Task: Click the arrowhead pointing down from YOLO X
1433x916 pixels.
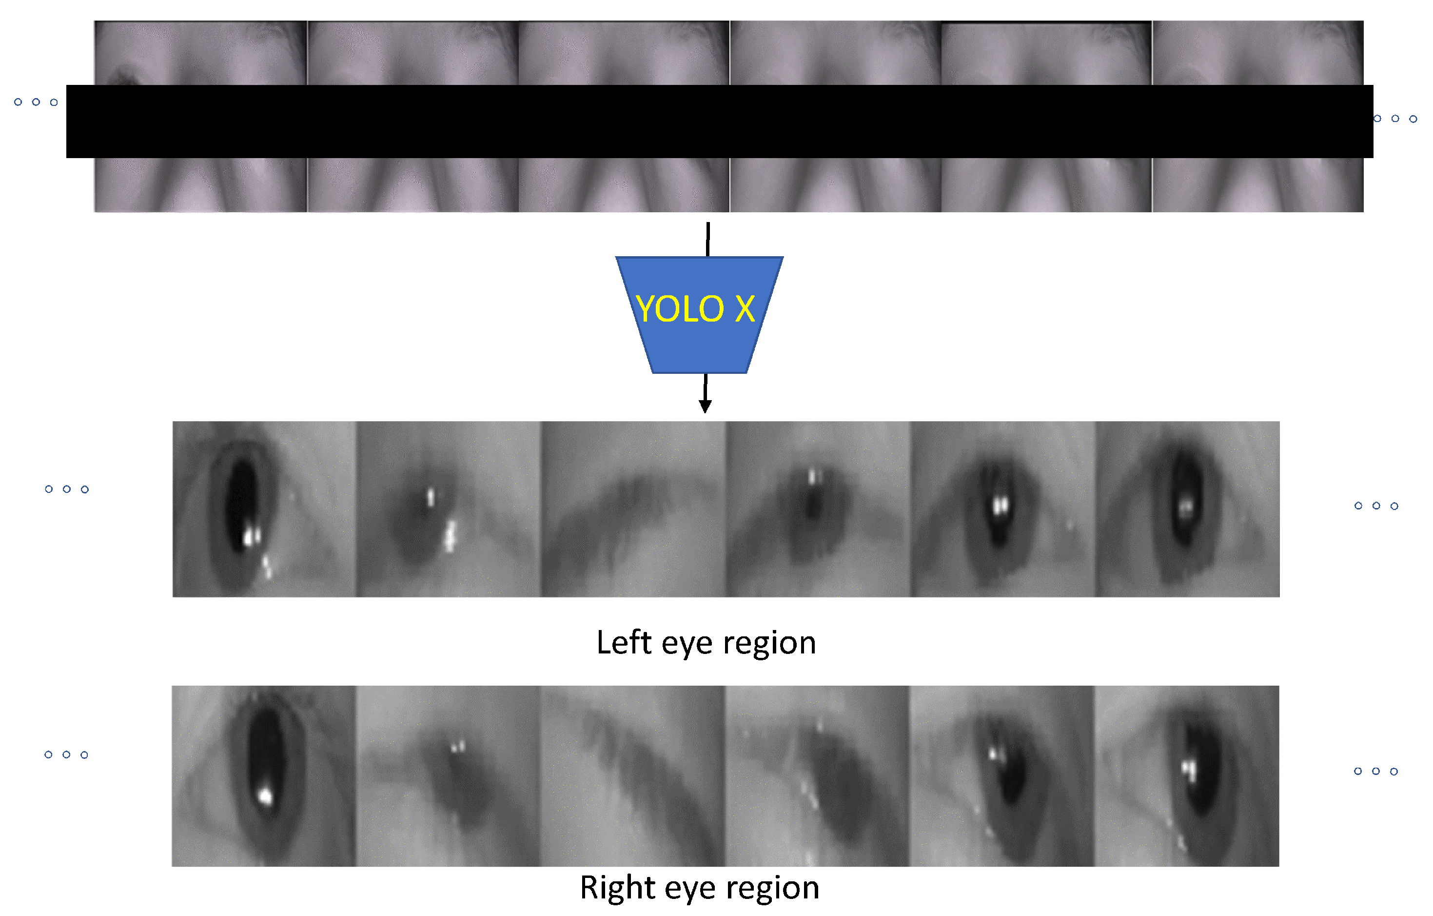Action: coord(705,406)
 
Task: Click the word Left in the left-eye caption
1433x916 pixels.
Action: coord(624,643)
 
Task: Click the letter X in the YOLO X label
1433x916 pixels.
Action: coord(745,309)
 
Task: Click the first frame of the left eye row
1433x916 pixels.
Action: coord(264,509)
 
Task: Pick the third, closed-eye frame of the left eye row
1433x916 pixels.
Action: coord(633,509)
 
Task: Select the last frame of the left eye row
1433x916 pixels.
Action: coord(1187,509)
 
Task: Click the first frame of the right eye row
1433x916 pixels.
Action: coord(264,775)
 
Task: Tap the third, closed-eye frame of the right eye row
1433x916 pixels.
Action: coord(632,775)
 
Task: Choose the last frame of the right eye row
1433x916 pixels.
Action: coord(1187,775)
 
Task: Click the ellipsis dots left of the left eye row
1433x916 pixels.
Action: coord(67,489)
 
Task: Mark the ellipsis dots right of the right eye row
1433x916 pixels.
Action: coord(1376,771)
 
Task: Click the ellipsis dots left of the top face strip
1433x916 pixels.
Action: coord(36,102)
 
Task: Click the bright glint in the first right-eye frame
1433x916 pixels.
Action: coord(265,795)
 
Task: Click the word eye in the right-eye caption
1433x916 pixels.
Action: coord(694,889)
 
